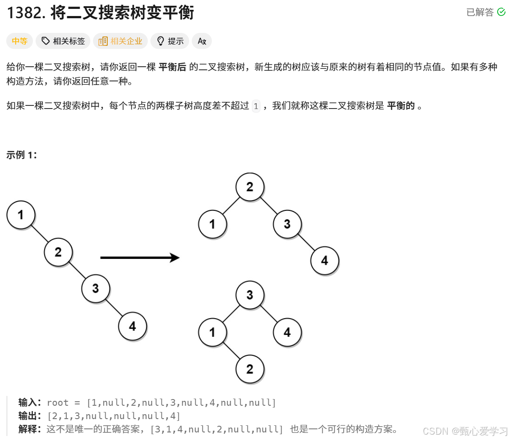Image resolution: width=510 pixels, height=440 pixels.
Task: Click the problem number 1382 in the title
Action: pos(22,13)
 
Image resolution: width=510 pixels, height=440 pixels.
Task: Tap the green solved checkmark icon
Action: pos(502,12)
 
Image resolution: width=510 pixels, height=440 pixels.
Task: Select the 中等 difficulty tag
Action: pos(20,41)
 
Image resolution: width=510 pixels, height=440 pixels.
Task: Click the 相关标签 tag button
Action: pos(63,41)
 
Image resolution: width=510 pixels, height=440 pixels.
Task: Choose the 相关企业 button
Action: pos(121,41)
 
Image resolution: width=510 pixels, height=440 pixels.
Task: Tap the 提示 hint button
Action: pos(170,41)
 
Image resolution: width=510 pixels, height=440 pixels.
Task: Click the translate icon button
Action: pos(202,41)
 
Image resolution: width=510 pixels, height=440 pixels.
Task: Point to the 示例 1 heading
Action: pos(22,155)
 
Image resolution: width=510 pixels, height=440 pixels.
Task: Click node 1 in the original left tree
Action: pos(21,215)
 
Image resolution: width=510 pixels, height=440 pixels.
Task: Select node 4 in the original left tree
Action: pos(133,327)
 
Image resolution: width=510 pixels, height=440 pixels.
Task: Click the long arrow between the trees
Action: pos(140,258)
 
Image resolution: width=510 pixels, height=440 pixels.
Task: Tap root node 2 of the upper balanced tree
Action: pos(250,186)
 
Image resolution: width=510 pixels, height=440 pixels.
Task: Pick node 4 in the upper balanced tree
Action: pos(324,260)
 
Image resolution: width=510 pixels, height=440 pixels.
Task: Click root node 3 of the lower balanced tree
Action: pos(250,295)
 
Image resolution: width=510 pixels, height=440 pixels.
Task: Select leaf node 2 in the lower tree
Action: pos(250,369)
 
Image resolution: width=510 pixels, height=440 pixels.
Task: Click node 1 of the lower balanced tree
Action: pos(212,332)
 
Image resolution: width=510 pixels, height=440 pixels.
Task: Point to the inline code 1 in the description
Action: pos(256,106)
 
